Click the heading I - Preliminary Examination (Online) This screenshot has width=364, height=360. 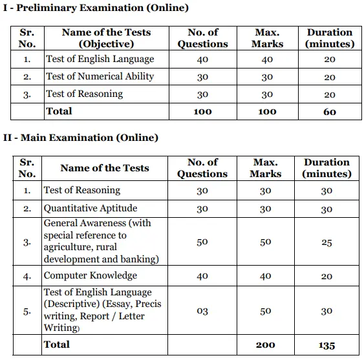(96, 8)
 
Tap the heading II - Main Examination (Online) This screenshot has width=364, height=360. (81, 138)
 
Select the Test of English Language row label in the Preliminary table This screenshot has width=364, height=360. (100, 59)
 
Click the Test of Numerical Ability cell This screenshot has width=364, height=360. (100, 77)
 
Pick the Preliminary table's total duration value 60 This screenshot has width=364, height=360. (329, 112)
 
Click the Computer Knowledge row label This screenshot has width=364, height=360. (90, 276)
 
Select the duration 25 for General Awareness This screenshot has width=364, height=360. (327, 242)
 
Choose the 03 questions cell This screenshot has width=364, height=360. (202, 312)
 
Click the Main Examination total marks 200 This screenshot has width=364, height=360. (266, 345)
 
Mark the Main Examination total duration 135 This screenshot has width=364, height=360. (327, 345)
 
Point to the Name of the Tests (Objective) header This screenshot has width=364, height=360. (106, 38)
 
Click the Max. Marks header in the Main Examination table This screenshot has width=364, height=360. (266, 168)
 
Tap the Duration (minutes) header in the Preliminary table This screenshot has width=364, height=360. (330, 38)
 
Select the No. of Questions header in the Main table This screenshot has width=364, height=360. (202, 168)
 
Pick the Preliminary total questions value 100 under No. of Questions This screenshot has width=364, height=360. (202, 112)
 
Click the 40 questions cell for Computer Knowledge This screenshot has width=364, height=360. (202, 276)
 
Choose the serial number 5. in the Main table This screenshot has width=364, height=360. (27, 312)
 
